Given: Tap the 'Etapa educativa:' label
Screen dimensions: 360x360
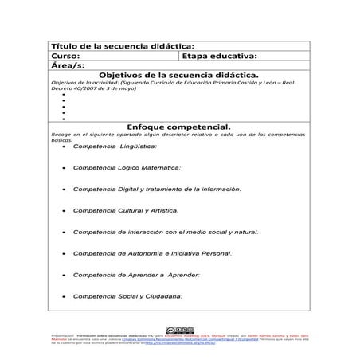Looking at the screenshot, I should coord(219,57).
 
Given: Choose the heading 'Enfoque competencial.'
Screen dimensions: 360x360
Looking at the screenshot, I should coord(179,127).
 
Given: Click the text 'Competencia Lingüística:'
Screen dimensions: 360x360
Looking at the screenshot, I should coord(115,147).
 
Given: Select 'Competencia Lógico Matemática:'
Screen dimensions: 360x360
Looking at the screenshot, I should coord(127,168).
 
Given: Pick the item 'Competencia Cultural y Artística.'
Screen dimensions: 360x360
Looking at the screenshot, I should coord(126,211).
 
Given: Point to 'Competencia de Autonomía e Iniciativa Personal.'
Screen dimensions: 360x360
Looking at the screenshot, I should coord(152,254).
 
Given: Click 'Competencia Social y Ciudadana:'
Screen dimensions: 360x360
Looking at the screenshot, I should coord(127,296).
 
